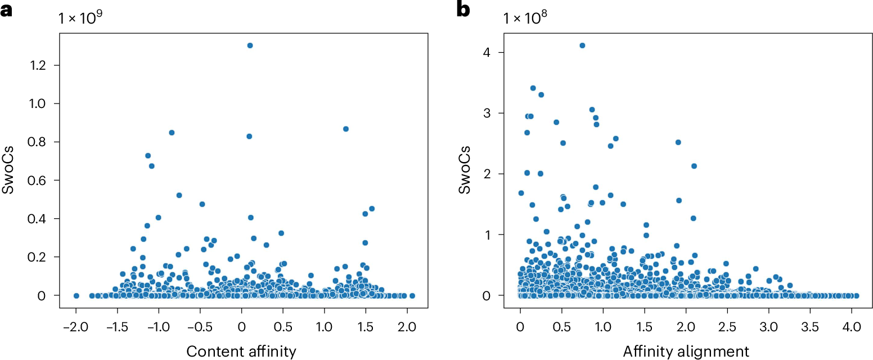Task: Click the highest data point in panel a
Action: tap(250, 46)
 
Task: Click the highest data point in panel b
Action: tap(582, 46)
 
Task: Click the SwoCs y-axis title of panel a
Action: tap(8, 170)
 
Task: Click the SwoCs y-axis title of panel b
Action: tap(464, 170)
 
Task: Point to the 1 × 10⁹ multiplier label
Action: tap(80, 17)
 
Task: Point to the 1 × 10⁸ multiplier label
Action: tap(525, 17)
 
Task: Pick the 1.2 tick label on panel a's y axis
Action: tap(38, 65)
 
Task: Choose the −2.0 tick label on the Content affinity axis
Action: tap(76, 326)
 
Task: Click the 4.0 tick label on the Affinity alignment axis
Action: tap(852, 326)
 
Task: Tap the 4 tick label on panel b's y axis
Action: tap(487, 53)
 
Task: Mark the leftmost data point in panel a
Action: tap(76, 296)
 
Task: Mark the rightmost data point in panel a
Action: tap(412, 296)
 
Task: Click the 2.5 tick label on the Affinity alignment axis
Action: tap(727, 326)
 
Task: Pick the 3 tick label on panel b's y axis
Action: tap(487, 114)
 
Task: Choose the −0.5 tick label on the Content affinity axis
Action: tap(200, 326)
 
